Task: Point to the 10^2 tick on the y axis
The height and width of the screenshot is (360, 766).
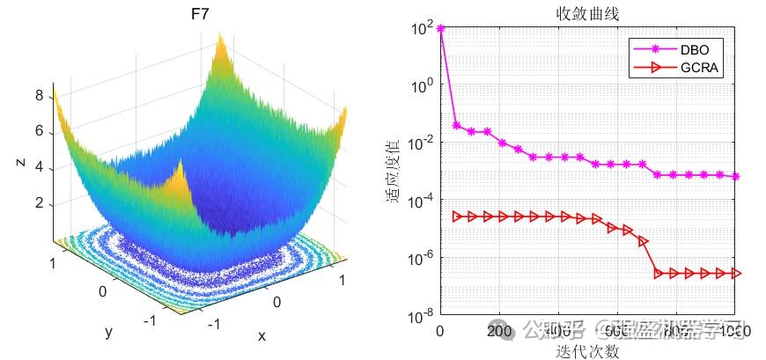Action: click(422, 29)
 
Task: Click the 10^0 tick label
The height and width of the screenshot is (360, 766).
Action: click(422, 86)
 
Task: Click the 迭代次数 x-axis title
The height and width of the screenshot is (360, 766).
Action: click(587, 351)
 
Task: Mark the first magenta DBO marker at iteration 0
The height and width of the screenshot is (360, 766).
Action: click(440, 29)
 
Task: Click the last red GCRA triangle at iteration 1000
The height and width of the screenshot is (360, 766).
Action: click(736, 274)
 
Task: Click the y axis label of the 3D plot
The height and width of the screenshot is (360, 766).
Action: click(108, 332)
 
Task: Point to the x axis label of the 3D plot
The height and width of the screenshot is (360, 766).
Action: click(261, 335)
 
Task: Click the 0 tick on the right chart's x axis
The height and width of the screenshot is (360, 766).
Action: click(440, 331)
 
